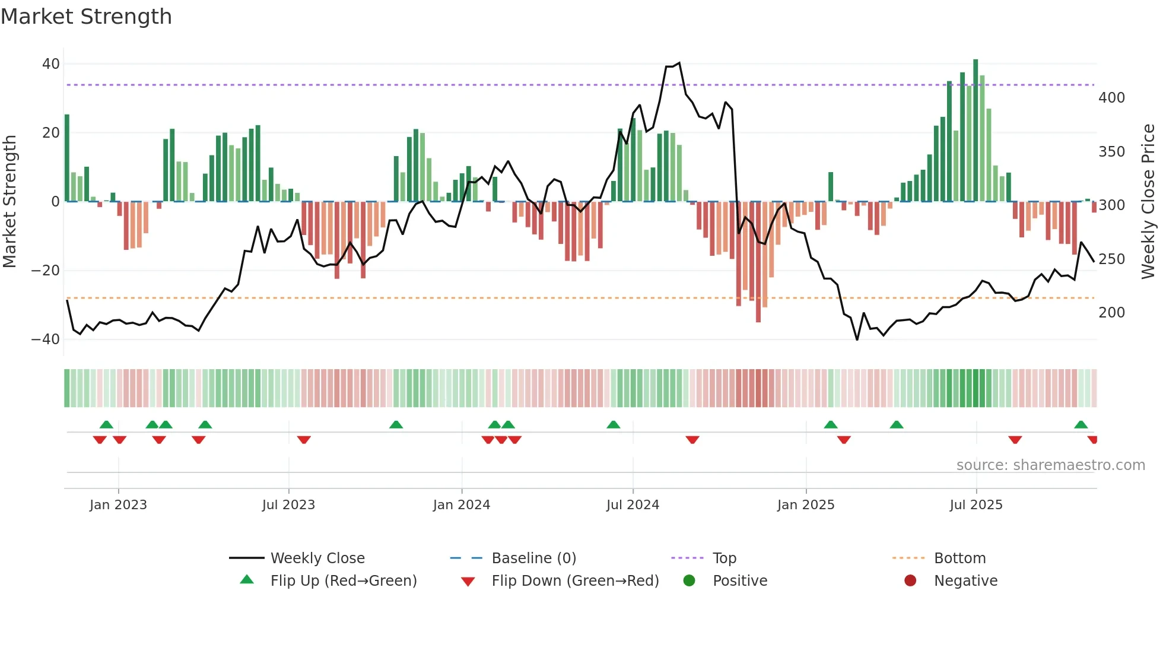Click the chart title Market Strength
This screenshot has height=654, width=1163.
coord(86,17)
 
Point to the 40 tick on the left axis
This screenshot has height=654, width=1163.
coord(51,64)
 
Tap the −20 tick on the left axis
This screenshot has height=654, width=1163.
coord(46,271)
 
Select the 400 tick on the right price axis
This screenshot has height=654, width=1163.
coord(1111,97)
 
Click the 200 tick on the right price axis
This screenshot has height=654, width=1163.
coord(1111,312)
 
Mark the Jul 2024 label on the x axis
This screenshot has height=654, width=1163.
coord(633,505)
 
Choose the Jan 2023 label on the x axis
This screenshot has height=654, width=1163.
coord(118,505)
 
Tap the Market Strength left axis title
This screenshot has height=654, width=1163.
coord(10,202)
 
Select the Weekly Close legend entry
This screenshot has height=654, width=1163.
coord(317,558)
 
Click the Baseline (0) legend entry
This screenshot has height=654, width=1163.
coord(533,558)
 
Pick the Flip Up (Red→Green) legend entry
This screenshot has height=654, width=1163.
coord(343,581)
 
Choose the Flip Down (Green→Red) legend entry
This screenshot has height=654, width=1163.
coord(574,581)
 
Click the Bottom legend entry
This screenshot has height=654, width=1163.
coord(959,558)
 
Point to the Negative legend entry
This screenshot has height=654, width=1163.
coord(965,581)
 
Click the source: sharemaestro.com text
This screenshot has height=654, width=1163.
coord(1050,465)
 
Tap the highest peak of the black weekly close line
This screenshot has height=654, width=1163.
coord(679,63)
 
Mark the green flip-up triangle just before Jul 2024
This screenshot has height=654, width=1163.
coord(614,424)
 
